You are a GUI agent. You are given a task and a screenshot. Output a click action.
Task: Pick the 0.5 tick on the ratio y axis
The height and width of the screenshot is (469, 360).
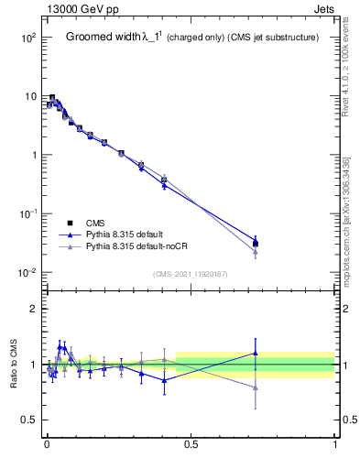[x=27, y=420]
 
